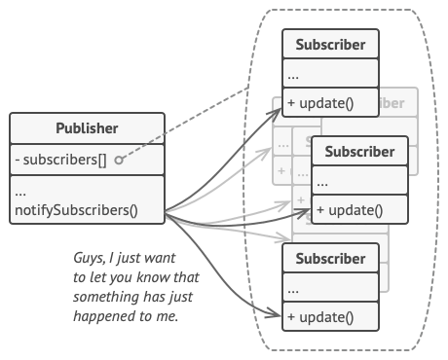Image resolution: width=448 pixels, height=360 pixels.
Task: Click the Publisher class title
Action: coord(88,128)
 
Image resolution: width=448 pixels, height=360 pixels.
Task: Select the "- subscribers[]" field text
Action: coord(58,160)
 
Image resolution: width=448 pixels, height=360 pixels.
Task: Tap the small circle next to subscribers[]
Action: coord(117,160)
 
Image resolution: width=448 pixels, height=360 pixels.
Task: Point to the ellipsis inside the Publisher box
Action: coord(21,192)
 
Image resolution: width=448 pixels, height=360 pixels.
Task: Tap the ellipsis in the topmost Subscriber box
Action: coord(293,74)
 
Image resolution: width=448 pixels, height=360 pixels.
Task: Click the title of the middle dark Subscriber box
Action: coord(359,152)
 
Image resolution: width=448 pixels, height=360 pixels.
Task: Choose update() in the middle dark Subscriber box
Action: coord(350,209)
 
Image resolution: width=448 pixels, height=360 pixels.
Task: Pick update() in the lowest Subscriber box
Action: coord(321,316)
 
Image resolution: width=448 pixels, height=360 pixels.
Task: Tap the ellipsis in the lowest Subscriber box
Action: coord(293,288)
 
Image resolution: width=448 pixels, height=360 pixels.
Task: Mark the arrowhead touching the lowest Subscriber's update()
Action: coord(277,315)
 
